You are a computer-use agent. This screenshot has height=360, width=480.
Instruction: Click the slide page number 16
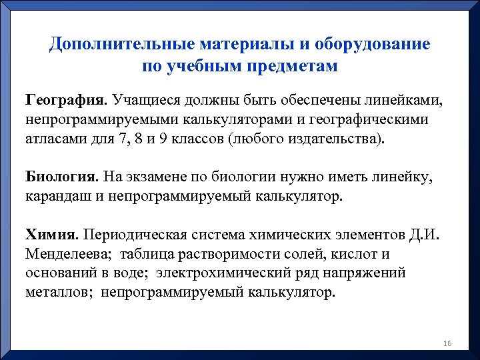447,343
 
